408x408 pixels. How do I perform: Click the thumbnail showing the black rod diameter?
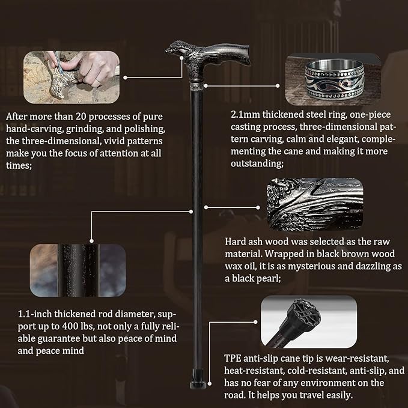point(78,270)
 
